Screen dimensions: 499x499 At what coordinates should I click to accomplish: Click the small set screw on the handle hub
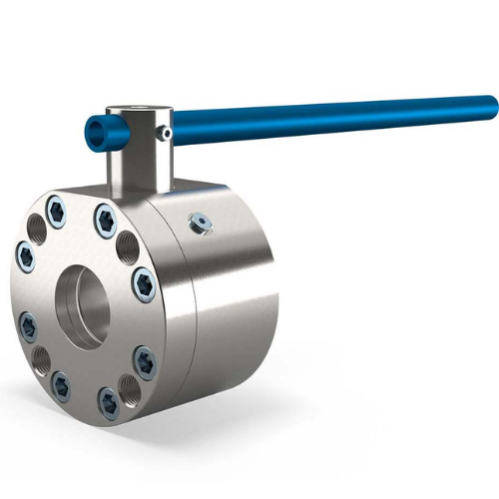[x=169, y=131]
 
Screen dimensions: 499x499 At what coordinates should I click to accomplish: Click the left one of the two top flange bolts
[x=58, y=214]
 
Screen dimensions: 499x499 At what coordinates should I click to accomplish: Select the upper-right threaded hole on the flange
[x=129, y=246]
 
